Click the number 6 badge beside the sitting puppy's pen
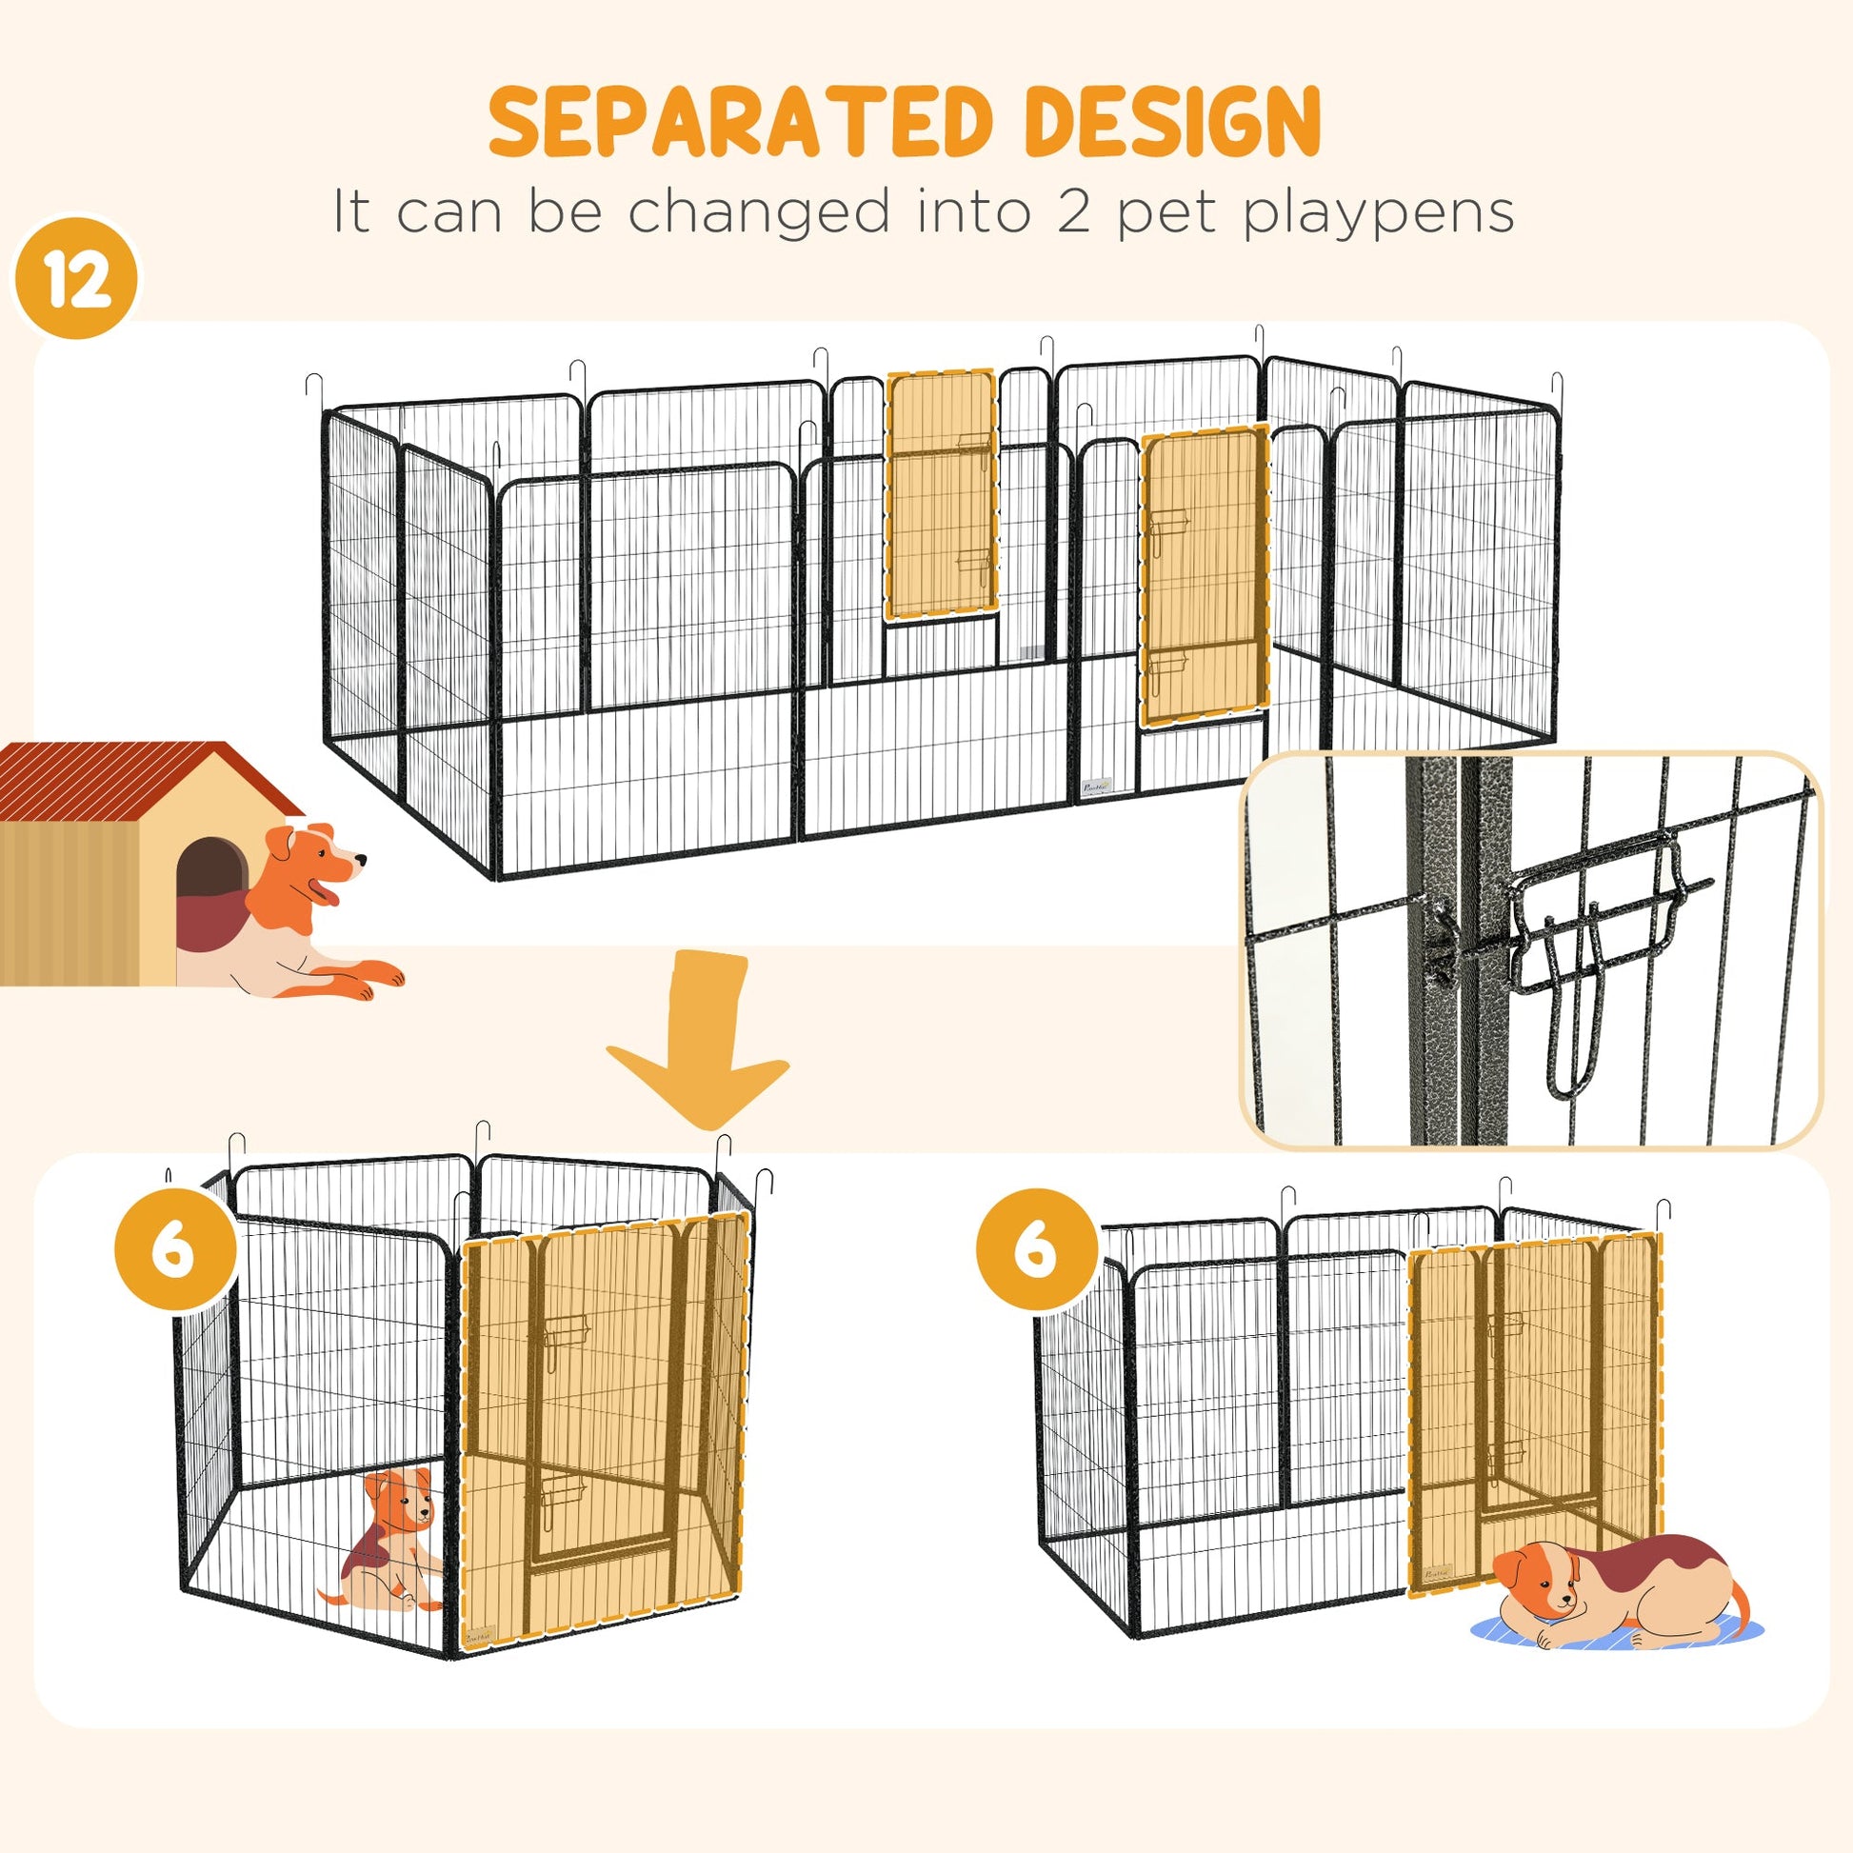174,1249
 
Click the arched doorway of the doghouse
212,879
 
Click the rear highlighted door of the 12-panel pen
941,494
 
